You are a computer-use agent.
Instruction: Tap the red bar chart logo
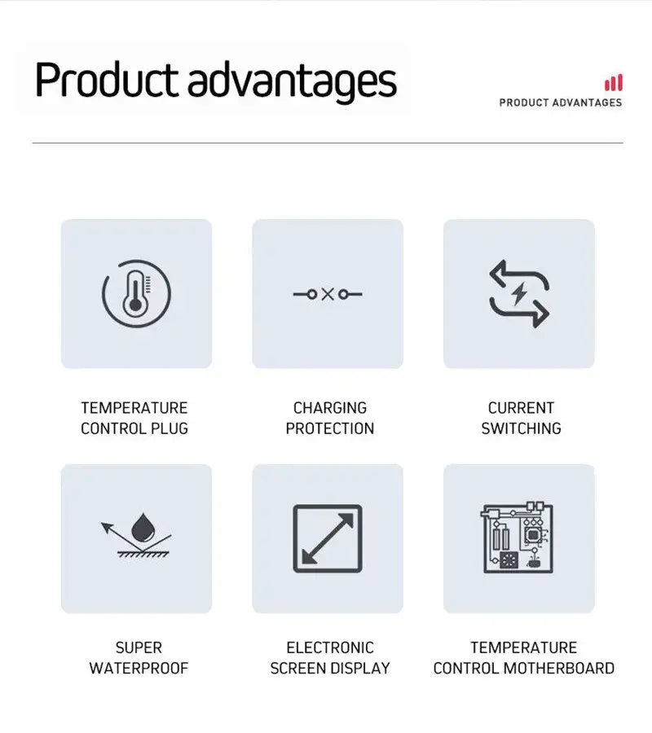(614, 83)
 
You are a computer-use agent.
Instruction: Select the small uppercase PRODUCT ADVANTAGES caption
(560, 103)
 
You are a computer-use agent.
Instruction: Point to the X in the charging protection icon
(328, 293)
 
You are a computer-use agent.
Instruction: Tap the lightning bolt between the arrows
(519, 293)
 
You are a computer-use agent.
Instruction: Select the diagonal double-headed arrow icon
(328, 538)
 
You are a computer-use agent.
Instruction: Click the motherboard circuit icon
(518, 538)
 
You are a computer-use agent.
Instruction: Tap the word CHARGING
(330, 408)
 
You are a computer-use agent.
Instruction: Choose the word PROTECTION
(330, 428)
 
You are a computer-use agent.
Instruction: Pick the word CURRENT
(521, 408)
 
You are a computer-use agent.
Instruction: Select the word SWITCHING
(521, 428)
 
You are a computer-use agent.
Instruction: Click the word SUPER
(139, 647)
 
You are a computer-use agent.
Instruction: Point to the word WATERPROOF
(139, 669)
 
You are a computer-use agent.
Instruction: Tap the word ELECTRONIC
(330, 647)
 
